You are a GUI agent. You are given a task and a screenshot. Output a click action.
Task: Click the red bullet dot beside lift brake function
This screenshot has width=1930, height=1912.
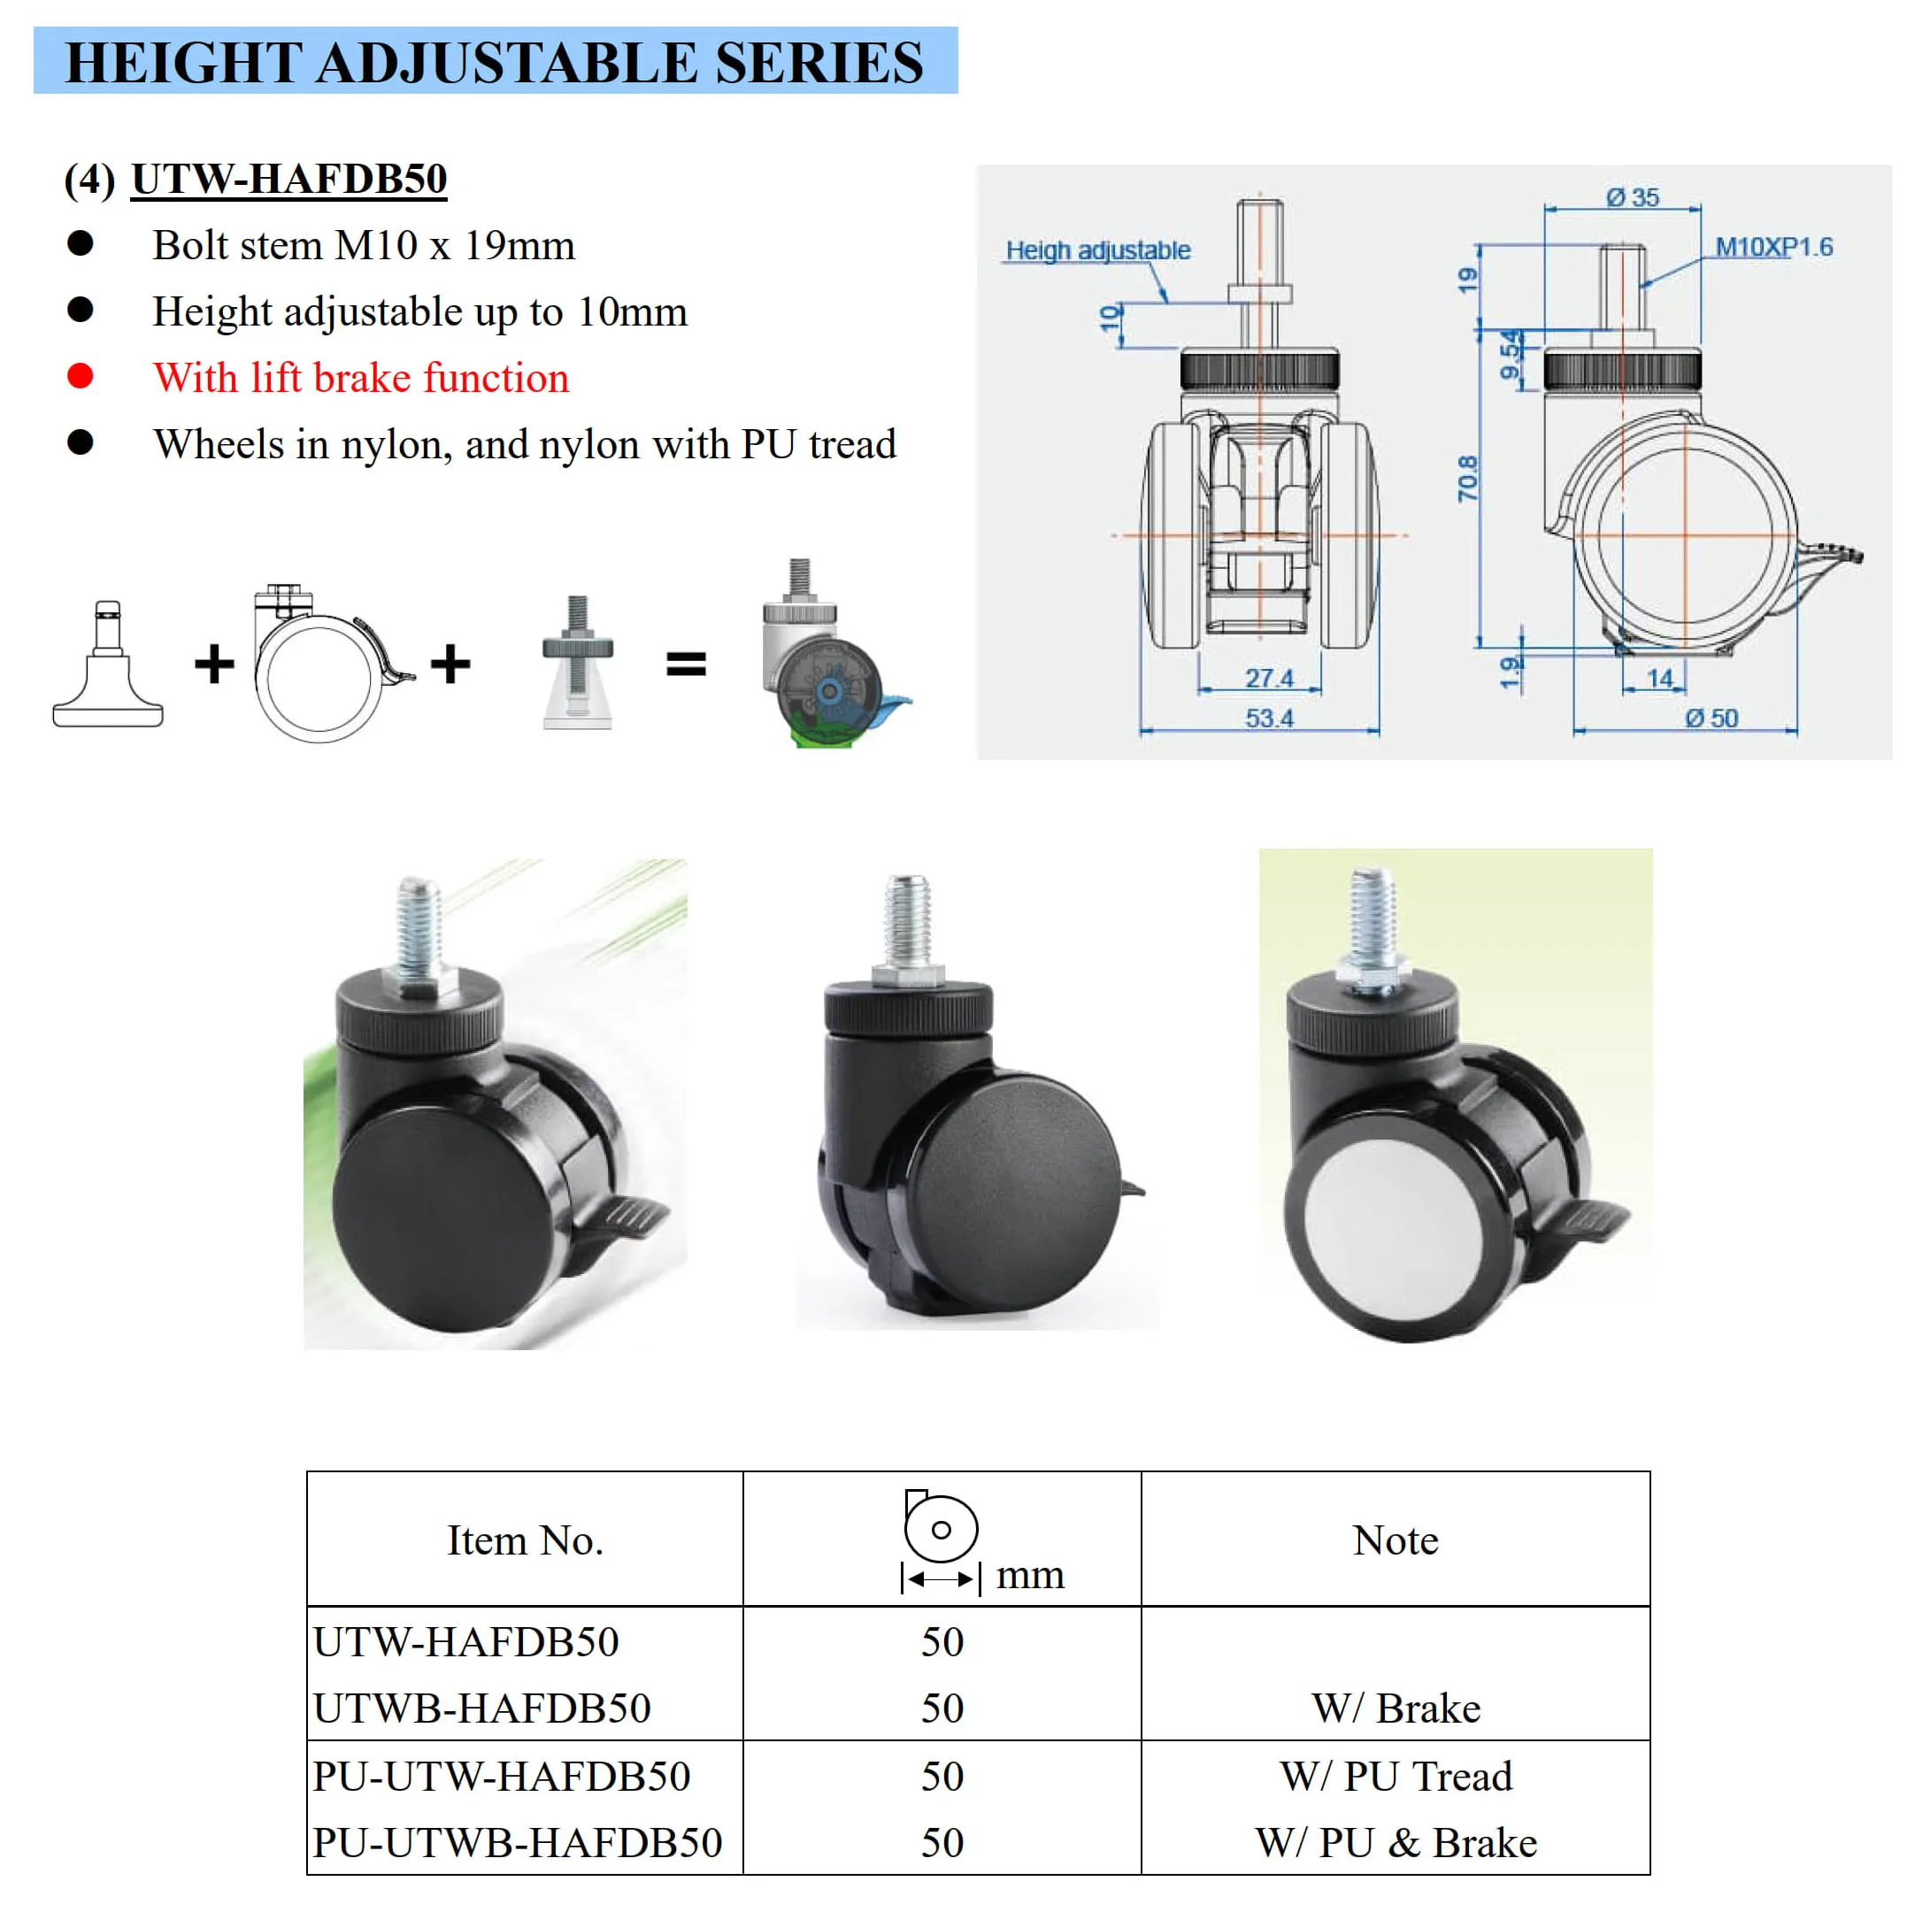click(x=80, y=376)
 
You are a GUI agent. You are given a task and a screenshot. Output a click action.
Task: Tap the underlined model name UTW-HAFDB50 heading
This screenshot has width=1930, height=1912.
click(x=288, y=179)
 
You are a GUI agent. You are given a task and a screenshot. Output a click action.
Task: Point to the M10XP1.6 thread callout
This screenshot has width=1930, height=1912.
click(x=1773, y=247)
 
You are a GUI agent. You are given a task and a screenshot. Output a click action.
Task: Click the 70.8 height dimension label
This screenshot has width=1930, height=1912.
click(x=1466, y=479)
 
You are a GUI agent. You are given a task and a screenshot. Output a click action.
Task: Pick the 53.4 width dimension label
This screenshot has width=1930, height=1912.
click(x=1269, y=718)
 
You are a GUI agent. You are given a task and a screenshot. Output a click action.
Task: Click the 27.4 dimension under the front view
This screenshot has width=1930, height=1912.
click(x=1269, y=679)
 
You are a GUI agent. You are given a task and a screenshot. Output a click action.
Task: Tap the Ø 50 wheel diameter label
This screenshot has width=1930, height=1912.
click(x=1711, y=718)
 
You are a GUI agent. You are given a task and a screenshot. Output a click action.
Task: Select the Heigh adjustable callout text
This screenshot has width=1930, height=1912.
click(x=1097, y=250)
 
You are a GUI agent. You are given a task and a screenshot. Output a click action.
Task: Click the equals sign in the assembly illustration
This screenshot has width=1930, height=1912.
click(x=687, y=664)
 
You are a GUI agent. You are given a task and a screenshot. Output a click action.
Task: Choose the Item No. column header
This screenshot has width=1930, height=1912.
click(x=525, y=1540)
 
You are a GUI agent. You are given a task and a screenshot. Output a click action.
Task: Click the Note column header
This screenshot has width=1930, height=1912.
click(x=1395, y=1540)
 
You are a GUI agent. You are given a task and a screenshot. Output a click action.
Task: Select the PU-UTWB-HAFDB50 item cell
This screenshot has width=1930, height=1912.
click(x=517, y=1842)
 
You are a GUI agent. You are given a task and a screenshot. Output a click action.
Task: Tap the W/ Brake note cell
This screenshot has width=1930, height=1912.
click(x=1396, y=1709)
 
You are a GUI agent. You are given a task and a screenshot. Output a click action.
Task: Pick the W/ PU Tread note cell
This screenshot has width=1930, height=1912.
click(x=1396, y=1776)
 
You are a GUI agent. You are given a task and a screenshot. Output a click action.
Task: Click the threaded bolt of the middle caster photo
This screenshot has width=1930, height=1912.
click(x=907, y=919)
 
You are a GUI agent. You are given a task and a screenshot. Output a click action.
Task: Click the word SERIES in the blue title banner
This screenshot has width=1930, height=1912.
click(x=819, y=62)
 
